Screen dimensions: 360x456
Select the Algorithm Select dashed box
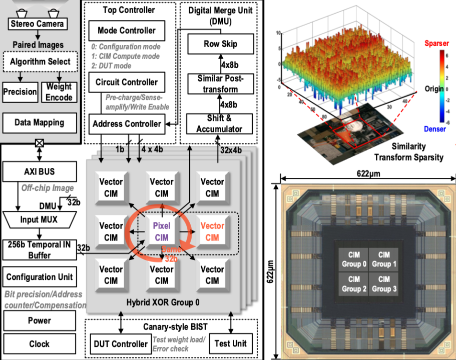pos(40,62)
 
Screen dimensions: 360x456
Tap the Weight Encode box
pos(59,91)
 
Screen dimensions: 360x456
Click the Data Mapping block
pos(40,122)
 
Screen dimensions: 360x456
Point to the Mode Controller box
pos(126,30)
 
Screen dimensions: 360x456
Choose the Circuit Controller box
pos(126,82)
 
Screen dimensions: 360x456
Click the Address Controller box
pos(126,123)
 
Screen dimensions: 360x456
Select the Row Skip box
pos(220,44)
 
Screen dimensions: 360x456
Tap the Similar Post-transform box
pos(220,83)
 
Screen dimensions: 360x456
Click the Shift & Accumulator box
pos(220,123)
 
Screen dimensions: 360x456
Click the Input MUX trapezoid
pos(40,219)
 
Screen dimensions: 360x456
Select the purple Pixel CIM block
pos(162,231)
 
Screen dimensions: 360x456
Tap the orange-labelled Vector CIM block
pos(212,231)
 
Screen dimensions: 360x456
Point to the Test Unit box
pos(230,343)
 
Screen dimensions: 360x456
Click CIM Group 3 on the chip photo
pos(384,283)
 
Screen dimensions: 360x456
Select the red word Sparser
pos(436,43)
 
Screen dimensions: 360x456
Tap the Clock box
pos(39,344)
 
